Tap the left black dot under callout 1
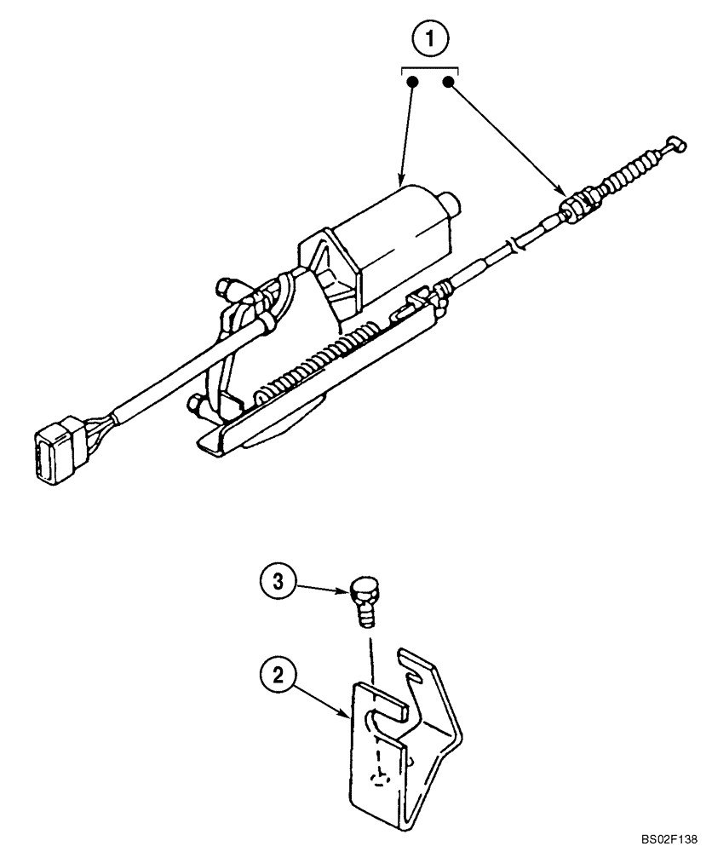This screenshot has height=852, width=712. (x=413, y=83)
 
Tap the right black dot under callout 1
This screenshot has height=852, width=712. (x=448, y=83)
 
